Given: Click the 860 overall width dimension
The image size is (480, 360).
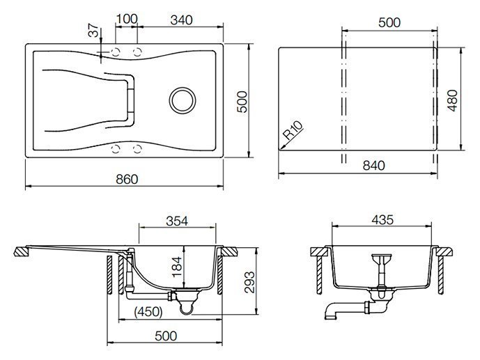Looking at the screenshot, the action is (x=127, y=179).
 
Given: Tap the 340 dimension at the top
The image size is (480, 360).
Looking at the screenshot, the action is (x=181, y=20).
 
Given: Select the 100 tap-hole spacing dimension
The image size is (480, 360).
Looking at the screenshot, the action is (x=127, y=19).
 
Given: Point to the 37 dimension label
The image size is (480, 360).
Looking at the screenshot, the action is (x=94, y=30).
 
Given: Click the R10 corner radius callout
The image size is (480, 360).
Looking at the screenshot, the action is (x=293, y=130).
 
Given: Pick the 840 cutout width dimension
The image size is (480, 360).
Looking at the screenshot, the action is (x=373, y=166).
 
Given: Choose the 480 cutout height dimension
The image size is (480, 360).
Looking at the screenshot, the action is (x=452, y=100).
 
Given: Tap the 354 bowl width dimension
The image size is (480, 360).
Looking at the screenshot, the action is (x=177, y=221).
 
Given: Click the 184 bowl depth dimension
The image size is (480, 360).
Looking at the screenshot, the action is (x=177, y=267).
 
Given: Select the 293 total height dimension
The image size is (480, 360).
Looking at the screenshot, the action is (x=249, y=282).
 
